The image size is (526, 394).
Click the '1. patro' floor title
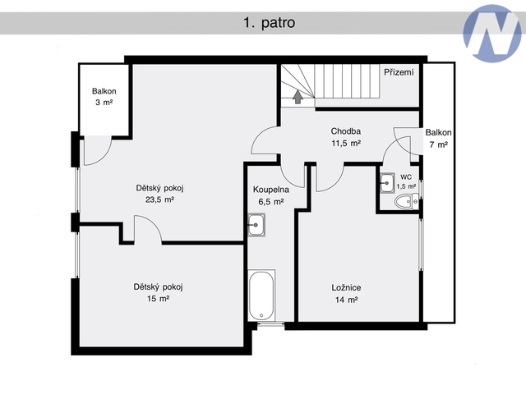click(269, 23)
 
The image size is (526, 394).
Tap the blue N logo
click(492, 34)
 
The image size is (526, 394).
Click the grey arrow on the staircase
click(298, 97)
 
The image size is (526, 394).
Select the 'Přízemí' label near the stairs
click(399, 72)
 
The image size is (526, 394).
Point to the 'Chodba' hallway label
click(346, 131)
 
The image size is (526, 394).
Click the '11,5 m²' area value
click(346, 144)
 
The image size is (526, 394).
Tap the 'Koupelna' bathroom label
click(271, 190)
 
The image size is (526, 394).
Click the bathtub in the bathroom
click(261, 295)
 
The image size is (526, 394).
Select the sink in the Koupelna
click(256, 225)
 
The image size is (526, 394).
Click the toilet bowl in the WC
click(406, 202)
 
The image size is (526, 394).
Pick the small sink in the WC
click(387, 183)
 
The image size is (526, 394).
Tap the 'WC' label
click(406, 177)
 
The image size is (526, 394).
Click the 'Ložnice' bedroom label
click(346, 287)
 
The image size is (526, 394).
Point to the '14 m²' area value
click(346, 300)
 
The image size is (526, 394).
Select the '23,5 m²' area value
click(159, 199)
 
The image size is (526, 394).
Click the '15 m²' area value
click(158, 299)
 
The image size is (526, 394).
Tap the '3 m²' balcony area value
click(104, 103)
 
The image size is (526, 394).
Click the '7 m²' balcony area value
click(438, 144)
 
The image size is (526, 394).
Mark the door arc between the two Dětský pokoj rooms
click(153, 222)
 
